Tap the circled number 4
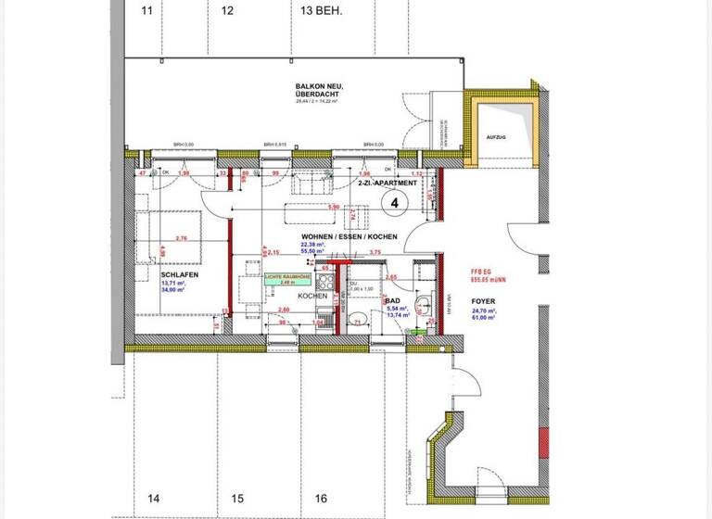[x=395, y=201]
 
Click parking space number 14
[x=154, y=499]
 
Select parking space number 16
[x=321, y=499]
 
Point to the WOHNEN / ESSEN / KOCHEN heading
[x=349, y=236]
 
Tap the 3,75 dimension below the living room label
[x=375, y=252]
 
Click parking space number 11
[x=146, y=11]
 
